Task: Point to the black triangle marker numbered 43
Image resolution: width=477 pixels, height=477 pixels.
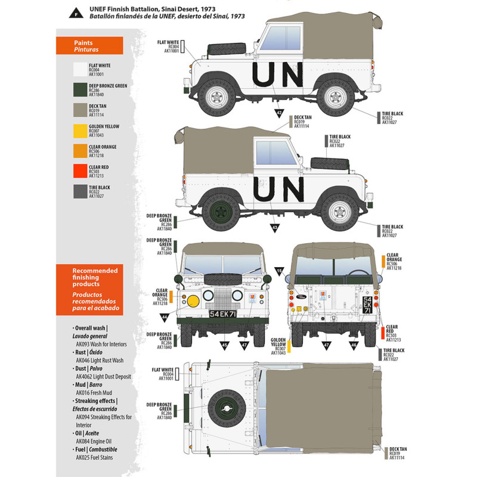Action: (x=275, y=227)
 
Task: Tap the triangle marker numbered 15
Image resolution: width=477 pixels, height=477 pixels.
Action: (x=280, y=271)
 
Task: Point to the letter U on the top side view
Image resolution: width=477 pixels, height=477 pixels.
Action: (x=262, y=78)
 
